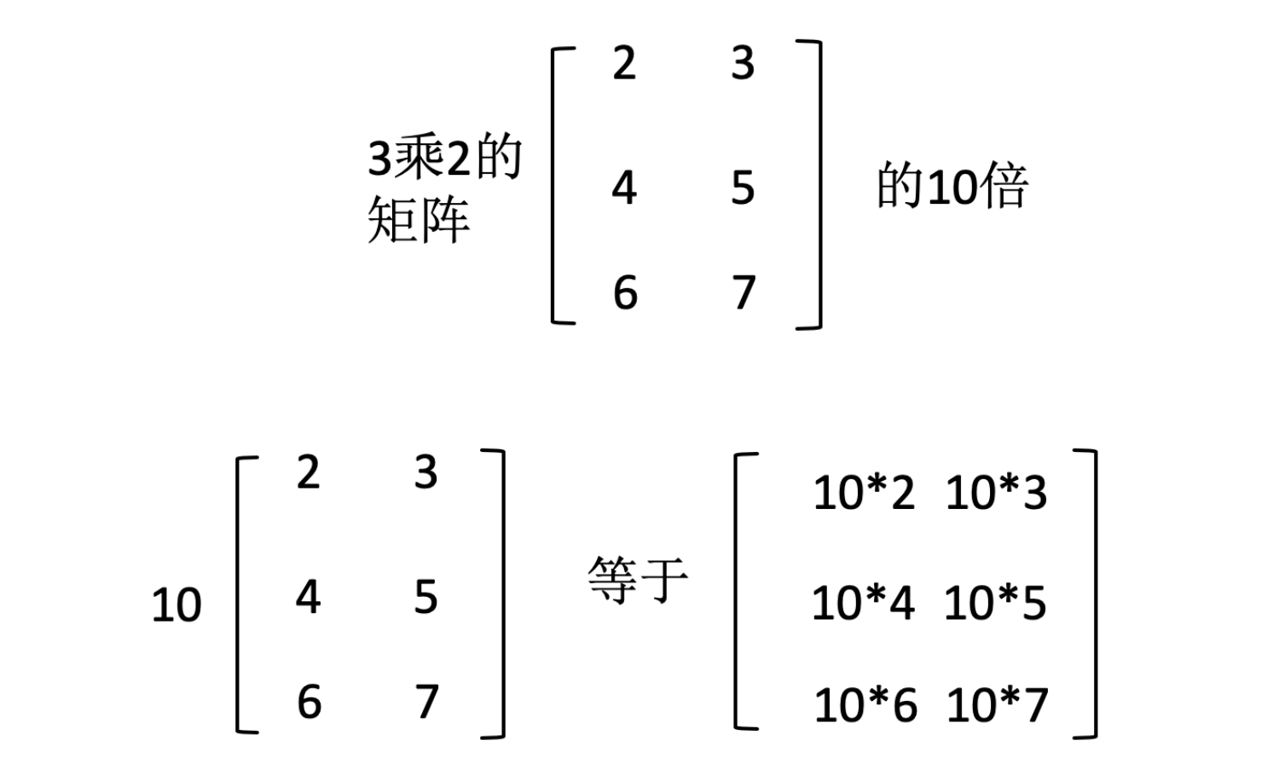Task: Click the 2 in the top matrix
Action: (624, 64)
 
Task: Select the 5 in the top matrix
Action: (743, 188)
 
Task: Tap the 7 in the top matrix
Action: (744, 292)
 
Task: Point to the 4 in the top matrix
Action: (624, 188)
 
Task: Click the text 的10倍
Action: (952, 186)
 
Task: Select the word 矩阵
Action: (419, 220)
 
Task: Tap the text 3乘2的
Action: (444, 159)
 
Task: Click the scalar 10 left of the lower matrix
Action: (177, 605)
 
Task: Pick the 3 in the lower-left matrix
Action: (425, 472)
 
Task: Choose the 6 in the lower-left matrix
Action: (309, 702)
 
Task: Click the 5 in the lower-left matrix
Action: (425, 597)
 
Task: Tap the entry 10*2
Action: (864, 493)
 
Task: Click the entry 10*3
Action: (996, 493)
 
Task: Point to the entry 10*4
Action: (863, 603)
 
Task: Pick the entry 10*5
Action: (995, 603)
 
